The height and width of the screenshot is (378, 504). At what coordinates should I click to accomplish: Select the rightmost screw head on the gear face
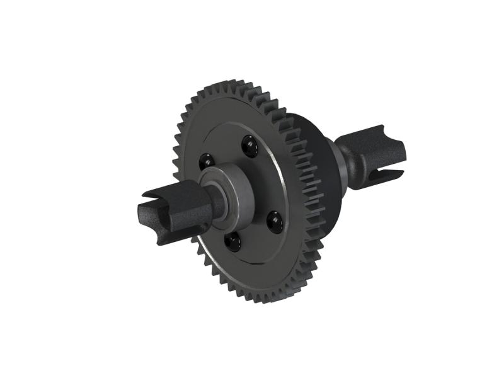pos(274,220)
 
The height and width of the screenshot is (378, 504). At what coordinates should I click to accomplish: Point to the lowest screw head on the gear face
pos(231,239)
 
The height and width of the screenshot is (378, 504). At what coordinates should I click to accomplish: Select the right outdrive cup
pos(378,156)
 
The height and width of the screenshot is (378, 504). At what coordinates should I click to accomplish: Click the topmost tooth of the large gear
pos(234,83)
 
